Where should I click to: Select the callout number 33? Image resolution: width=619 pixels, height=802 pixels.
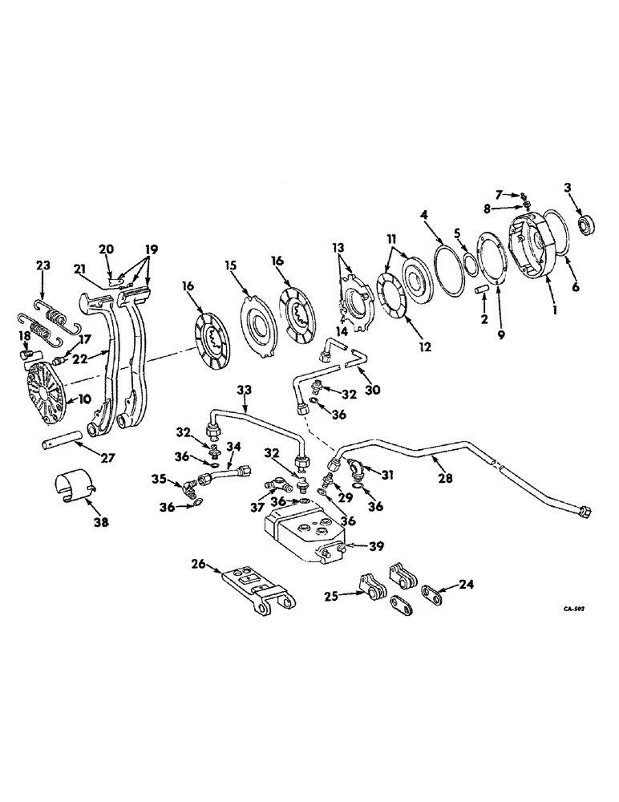tap(243, 389)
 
